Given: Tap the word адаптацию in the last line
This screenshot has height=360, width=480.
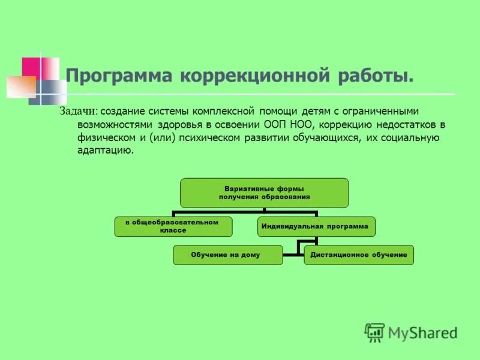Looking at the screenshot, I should click(104, 151).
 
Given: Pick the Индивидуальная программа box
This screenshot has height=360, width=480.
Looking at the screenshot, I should click(317, 227).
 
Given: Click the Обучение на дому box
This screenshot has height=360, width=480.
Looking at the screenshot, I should click(226, 255).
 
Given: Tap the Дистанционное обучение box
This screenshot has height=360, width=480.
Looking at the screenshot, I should click(359, 255).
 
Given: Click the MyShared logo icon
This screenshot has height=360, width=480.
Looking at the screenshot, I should click(374, 332).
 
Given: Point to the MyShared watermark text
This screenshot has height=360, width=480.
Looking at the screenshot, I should click(422, 332).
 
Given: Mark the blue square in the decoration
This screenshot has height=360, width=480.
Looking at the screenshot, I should click(52, 91).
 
